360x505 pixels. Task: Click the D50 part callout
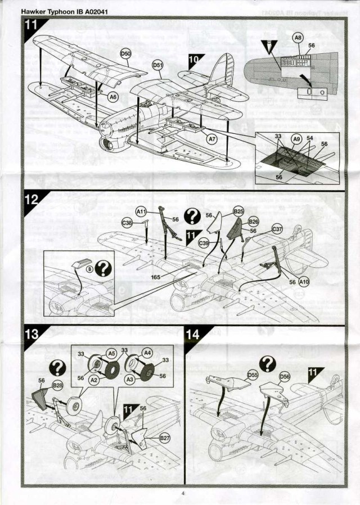click(126, 53)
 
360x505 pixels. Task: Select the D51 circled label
click(158, 66)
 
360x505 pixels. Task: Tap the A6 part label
click(113, 97)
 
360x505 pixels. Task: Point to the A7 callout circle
click(212, 138)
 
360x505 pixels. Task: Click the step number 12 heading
click(31, 200)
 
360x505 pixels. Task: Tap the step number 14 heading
click(192, 334)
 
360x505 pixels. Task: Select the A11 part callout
click(141, 211)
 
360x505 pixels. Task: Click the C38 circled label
click(127, 223)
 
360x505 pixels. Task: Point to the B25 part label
click(238, 211)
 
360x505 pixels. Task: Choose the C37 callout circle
click(277, 229)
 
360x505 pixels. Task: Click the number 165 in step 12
click(156, 277)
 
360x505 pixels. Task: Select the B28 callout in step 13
click(57, 385)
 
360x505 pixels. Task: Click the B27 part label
click(165, 438)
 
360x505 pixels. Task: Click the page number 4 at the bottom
click(183, 494)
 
